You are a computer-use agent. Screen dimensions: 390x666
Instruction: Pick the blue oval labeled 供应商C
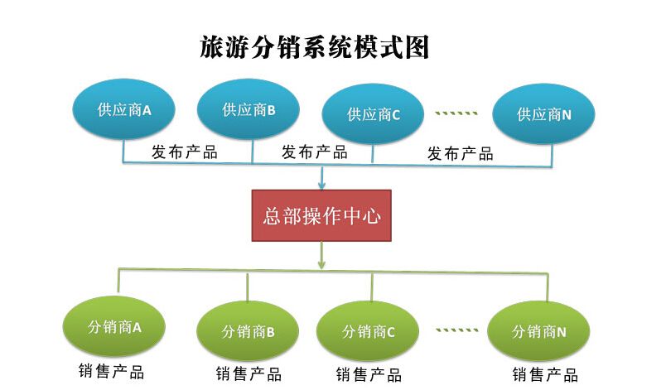tap(374, 114)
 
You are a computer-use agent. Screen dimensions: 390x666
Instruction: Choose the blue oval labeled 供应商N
tap(544, 114)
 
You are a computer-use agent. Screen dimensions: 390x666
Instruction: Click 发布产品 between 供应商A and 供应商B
tap(184, 152)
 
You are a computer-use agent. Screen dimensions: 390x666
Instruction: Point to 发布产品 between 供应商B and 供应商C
tap(315, 152)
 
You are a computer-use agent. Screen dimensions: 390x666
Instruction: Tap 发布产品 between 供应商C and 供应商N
tap(461, 153)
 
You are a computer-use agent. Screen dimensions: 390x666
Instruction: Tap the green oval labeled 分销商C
tap(369, 332)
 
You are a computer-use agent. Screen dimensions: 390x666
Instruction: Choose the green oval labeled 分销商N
tap(539, 332)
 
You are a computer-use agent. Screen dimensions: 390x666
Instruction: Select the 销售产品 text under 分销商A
tap(111, 371)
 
